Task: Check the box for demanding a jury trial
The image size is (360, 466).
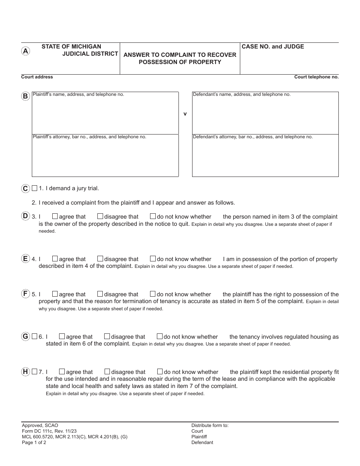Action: tap(35, 188)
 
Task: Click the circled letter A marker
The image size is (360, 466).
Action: tap(25, 51)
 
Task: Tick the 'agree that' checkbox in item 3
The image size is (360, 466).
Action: tap(55, 216)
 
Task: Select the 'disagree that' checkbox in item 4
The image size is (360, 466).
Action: tap(100, 259)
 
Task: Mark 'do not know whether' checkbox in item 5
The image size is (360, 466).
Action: tap(153, 294)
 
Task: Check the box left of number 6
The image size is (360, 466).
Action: tap(35, 336)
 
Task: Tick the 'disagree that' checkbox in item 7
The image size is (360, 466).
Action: tap(107, 372)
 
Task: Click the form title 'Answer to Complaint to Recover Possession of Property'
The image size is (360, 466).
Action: tap(180, 58)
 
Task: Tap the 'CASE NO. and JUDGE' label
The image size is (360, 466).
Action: tap(273, 47)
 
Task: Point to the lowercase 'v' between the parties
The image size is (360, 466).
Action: tap(185, 114)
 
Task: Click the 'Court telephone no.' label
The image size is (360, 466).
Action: tap(316, 77)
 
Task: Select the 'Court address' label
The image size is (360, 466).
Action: tap(37, 77)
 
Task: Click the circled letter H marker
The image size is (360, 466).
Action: tap(25, 372)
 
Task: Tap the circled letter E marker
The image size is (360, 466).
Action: tap(25, 259)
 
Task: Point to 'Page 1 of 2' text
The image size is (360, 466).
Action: tap(34, 443)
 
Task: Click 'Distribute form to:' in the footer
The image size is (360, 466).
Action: tap(210, 425)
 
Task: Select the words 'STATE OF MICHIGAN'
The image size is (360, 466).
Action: tap(71, 47)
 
